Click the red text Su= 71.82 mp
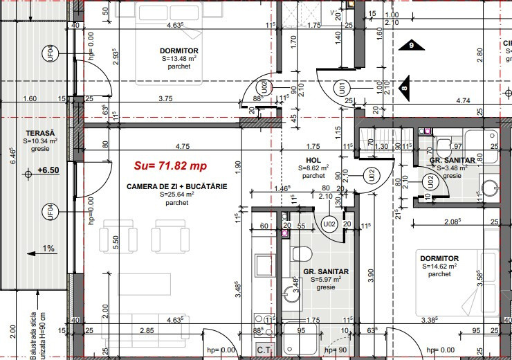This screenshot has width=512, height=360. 170,166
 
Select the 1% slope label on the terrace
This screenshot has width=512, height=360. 47,248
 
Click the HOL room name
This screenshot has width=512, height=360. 313,160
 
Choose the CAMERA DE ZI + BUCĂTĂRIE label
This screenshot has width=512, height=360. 176,187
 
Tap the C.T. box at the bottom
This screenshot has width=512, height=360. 264,351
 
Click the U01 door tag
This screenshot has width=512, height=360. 342,87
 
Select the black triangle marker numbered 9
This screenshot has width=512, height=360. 411,45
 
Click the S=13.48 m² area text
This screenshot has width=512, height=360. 179,59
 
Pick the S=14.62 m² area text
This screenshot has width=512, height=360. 439,266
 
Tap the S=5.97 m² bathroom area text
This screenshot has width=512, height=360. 324,279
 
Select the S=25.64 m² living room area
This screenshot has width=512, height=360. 176,195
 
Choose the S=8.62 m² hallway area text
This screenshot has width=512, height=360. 313,168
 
